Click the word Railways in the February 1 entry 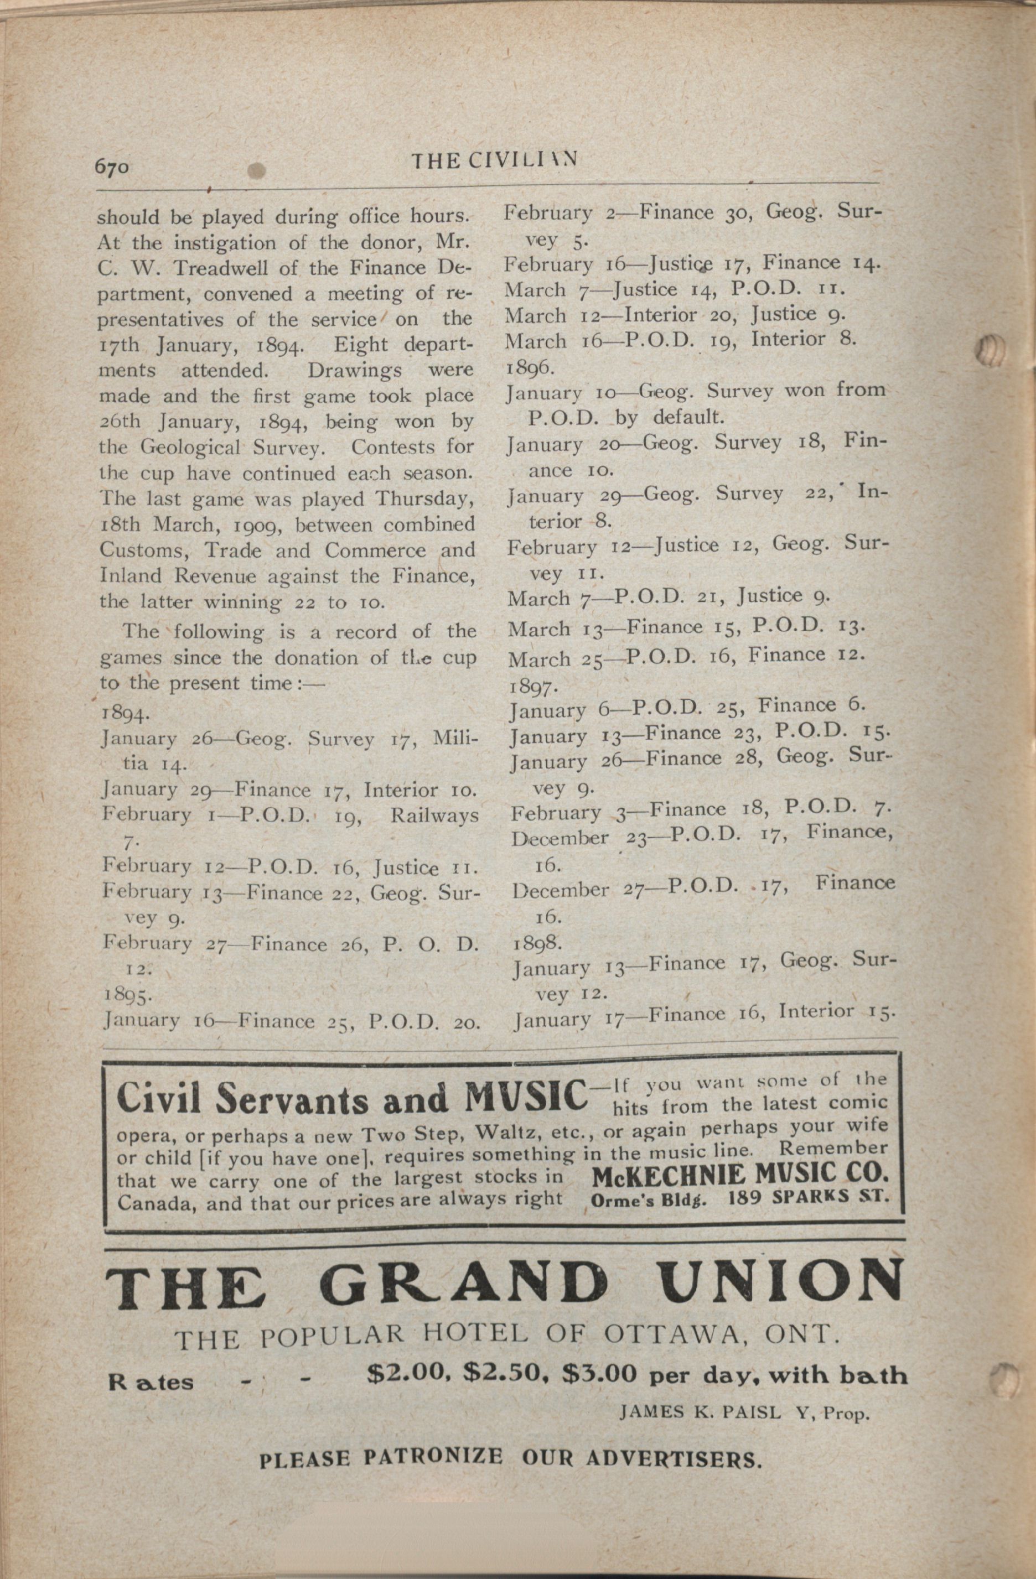[434, 816]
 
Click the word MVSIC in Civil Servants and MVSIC [525, 1099]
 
